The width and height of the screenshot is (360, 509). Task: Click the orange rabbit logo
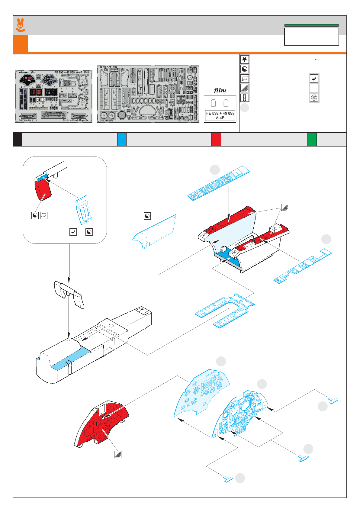click(x=20, y=25)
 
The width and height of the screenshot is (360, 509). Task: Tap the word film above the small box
click(x=220, y=90)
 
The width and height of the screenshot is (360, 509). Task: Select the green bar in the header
click(x=311, y=25)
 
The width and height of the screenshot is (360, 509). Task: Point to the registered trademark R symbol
click(x=314, y=98)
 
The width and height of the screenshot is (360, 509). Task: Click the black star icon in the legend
click(x=245, y=59)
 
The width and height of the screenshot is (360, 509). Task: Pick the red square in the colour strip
click(x=216, y=140)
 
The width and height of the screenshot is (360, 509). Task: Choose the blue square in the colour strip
click(x=122, y=140)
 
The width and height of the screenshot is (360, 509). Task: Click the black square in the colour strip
click(x=18, y=140)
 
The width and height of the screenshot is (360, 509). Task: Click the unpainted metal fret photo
click(x=148, y=94)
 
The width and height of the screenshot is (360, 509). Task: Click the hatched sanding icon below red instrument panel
click(x=117, y=454)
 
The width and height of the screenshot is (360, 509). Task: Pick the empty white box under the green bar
click(x=311, y=37)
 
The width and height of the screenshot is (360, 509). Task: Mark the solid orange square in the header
click(x=21, y=43)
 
